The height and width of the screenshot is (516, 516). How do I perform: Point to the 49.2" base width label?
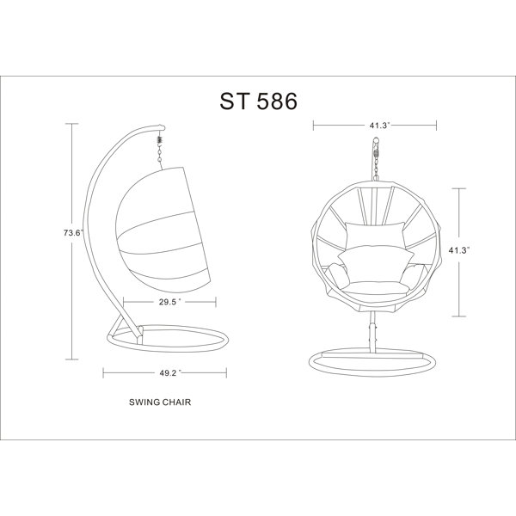pos(169,372)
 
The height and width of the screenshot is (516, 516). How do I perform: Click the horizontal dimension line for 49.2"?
pos(129,372)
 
